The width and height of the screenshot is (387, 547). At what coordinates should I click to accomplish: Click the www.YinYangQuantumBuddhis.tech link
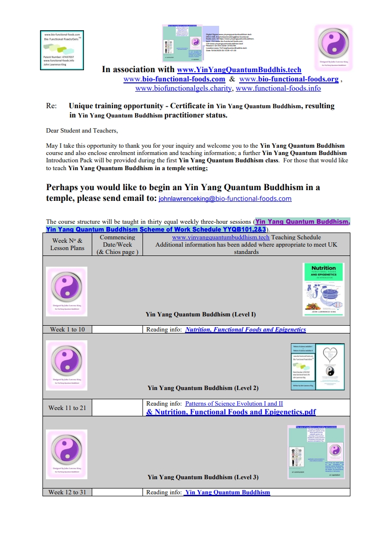tap(239, 70)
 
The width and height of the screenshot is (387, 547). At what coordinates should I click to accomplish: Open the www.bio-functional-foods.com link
tap(174, 79)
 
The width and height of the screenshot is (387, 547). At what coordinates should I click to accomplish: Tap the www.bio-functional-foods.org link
tap(289, 79)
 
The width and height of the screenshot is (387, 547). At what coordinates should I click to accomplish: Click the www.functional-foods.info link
tap(278, 88)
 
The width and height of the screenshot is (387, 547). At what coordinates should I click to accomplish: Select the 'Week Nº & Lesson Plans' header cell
tap(67, 244)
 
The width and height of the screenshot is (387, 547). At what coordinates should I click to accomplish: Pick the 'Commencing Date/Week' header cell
tap(117, 244)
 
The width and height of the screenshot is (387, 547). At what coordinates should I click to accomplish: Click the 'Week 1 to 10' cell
tap(67, 329)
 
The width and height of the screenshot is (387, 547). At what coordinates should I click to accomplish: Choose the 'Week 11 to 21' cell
tap(67, 408)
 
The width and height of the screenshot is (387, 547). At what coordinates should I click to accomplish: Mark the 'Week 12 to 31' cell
tap(67, 492)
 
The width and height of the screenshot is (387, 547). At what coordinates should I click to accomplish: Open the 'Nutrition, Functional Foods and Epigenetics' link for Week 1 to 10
tap(245, 329)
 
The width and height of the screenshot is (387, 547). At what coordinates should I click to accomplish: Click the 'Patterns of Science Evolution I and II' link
tap(234, 404)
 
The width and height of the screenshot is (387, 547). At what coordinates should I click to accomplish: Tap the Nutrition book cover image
tap(323, 287)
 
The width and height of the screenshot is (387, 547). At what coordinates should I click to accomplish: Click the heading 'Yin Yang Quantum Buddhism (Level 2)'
tap(203, 388)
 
